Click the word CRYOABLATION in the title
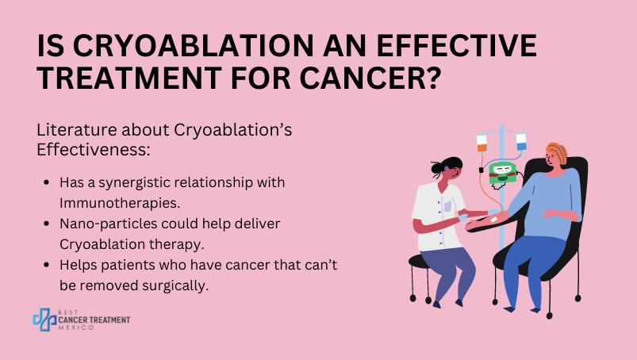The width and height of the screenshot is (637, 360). coord(194,45)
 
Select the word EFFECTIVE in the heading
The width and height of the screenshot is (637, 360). coord(457,45)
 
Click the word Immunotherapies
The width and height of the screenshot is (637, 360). coord(120,203)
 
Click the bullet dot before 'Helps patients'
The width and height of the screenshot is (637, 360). coord(46,265)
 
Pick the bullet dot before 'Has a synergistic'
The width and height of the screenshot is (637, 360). coord(46,182)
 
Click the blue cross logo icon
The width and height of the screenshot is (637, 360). coord(44,320)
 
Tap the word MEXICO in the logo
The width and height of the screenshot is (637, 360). coord(76,327)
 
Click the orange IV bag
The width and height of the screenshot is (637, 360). coord(482,144)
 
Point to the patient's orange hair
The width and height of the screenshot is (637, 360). coord(557,152)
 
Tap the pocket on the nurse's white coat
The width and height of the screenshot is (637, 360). coord(447,207)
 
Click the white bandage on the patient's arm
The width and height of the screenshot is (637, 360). coord(494,219)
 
